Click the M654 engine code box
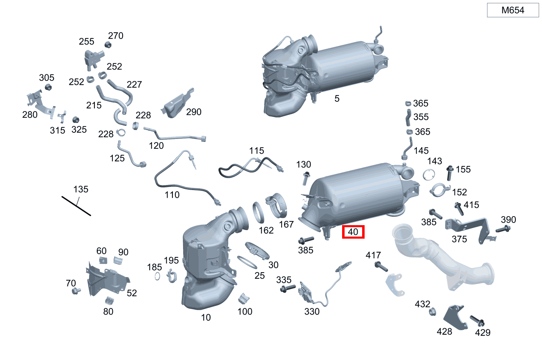513,10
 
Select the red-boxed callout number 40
353,232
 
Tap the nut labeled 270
108,45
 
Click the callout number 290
194,112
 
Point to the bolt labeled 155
450,173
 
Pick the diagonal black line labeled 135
76,206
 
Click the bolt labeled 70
76,291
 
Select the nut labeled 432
432,312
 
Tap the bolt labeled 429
477,321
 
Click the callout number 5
337,98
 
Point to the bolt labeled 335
288,288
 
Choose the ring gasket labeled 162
258,212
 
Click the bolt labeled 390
503,229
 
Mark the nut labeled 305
48,87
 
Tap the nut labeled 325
76,120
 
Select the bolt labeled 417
381,266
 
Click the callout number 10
206,318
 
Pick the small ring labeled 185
157,276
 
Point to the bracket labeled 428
455,318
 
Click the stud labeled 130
306,179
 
